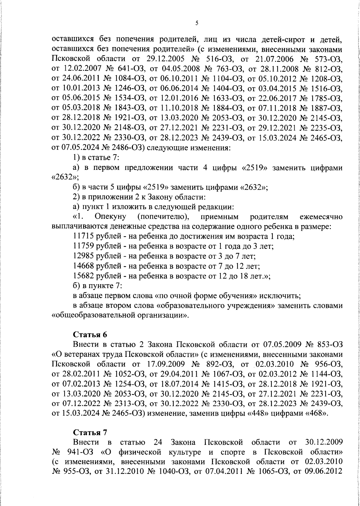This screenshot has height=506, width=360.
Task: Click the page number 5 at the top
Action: (196, 23)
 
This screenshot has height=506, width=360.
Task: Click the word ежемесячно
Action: (321, 217)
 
